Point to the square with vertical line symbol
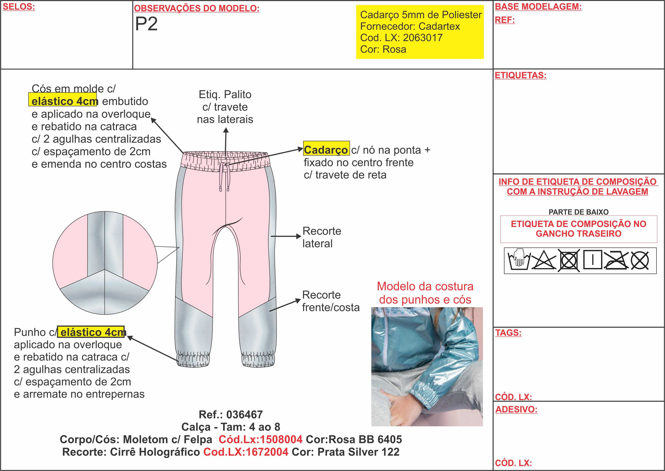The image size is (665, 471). tap(593, 260)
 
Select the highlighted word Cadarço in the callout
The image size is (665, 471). tap(326, 150)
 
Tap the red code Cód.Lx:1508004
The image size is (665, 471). tap(260, 439)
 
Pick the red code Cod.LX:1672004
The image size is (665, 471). tap(246, 452)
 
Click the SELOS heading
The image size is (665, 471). tap(19, 7)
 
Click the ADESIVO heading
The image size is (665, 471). tap(516, 409)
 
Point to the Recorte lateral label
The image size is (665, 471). tap(322, 237)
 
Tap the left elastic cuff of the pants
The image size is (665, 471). tap(193, 360)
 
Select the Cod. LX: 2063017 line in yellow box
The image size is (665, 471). tap(401, 38)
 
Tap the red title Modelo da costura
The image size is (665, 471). tap(425, 286)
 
